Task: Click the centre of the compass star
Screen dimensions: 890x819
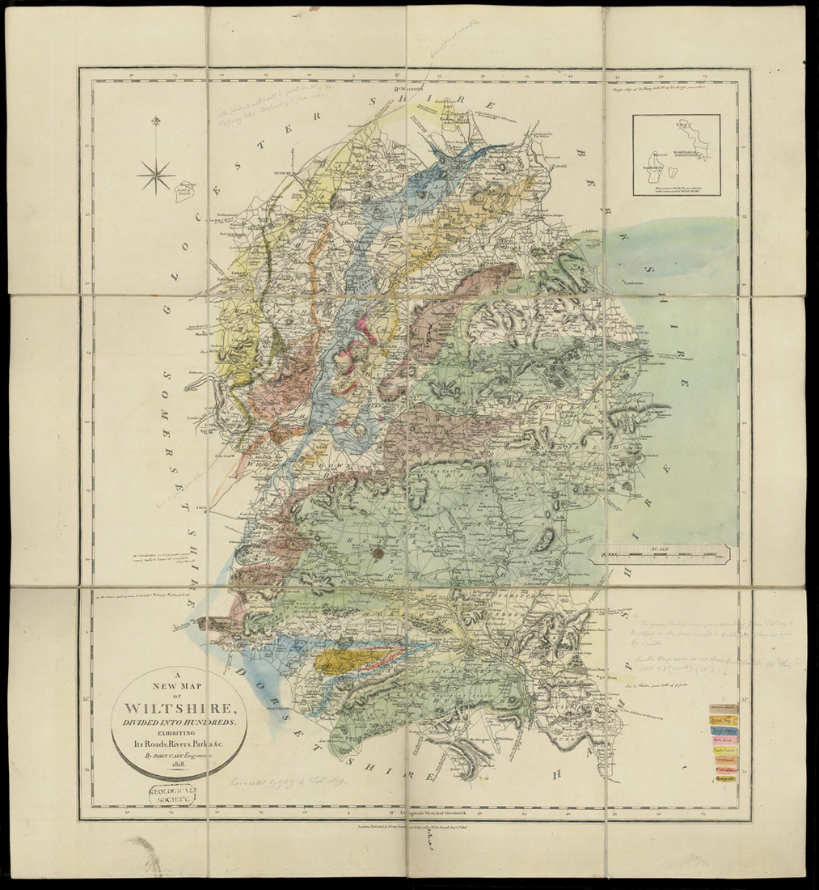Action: (x=155, y=172)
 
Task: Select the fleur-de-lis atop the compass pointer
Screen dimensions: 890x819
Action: (x=155, y=122)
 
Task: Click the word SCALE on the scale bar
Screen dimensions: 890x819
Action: (x=660, y=549)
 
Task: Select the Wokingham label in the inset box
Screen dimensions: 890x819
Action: (x=678, y=145)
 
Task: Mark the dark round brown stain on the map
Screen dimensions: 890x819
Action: (x=377, y=553)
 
